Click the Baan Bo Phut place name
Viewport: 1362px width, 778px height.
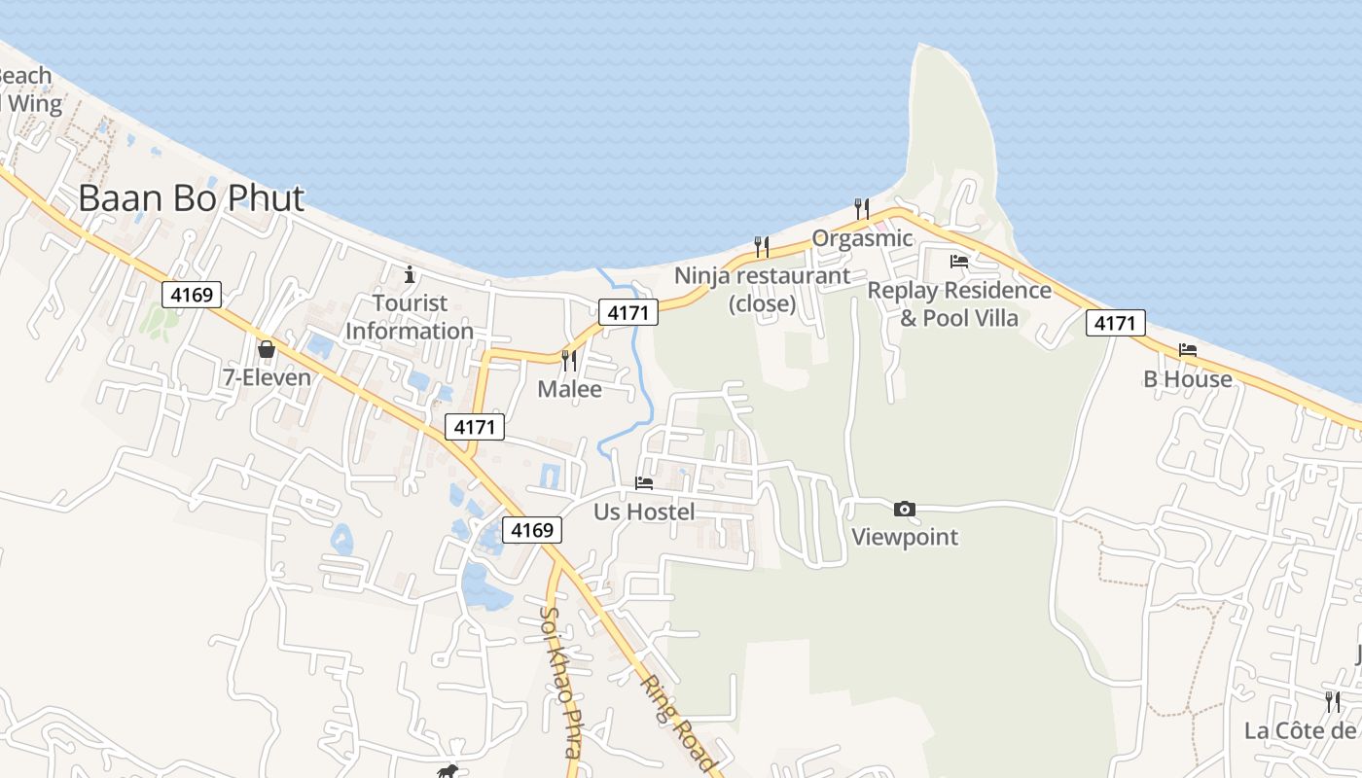(191, 198)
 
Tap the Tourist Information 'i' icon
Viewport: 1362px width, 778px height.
(410, 273)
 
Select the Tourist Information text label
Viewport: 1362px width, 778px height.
(410, 317)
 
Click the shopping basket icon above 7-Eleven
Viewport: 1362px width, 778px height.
(266, 348)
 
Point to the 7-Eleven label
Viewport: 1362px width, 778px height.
(268, 378)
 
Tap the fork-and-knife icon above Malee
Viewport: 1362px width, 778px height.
(569, 360)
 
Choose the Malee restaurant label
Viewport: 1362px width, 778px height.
(570, 390)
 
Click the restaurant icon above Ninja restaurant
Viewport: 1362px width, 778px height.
(762, 246)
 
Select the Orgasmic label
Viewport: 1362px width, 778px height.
(862, 238)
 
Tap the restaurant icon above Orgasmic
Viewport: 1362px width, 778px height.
(861, 207)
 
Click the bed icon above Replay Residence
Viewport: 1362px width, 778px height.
(959, 261)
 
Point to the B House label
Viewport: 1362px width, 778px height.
(1188, 379)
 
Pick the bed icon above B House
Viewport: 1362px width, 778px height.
(1187, 350)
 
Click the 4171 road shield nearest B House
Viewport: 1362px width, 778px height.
(1116, 323)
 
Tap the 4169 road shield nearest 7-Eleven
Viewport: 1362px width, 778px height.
(192, 294)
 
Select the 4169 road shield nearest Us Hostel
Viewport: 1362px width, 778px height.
(532, 530)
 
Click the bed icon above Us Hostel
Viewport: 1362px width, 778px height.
(644, 482)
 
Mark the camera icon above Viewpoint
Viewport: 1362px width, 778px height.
(904, 509)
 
